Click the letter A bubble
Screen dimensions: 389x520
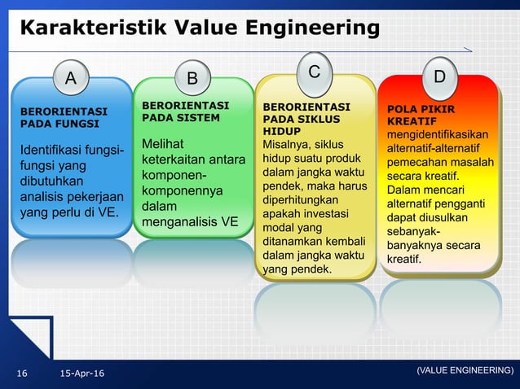click(71, 79)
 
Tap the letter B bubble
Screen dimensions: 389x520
click(192, 79)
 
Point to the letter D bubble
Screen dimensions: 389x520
click(439, 77)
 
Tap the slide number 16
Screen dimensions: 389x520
click(22, 373)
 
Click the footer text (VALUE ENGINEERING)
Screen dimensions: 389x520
click(465, 370)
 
